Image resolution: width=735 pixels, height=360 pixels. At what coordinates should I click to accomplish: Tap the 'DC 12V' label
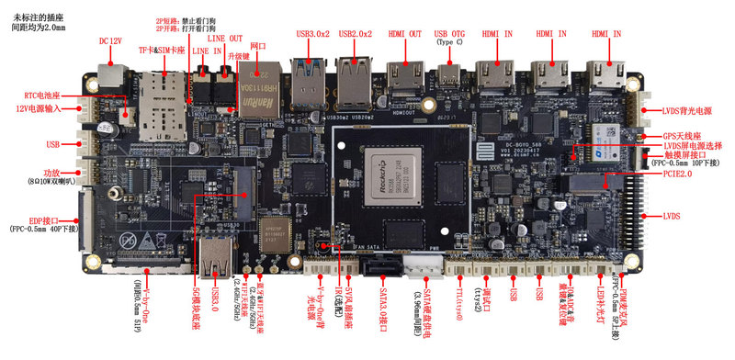coord(111,42)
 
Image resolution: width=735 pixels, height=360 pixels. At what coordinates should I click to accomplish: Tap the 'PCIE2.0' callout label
coord(678,173)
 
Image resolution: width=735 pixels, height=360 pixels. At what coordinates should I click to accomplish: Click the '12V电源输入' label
coord(38,110)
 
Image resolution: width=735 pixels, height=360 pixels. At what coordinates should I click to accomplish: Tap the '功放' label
coord(51,173)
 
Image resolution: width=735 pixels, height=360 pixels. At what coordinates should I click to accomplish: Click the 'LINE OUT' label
coord(225,39)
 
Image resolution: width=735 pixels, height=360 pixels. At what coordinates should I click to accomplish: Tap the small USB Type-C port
coord(451,73)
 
